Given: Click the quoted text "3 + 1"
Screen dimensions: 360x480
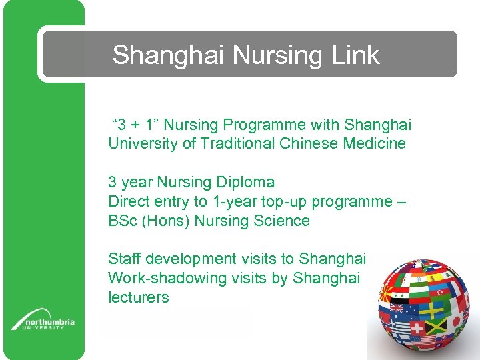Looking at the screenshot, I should click(x=134, y=125).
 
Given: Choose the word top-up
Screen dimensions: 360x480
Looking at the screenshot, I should click(x=278, y=201).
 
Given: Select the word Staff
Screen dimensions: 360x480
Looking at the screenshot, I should click(x=125, y=259).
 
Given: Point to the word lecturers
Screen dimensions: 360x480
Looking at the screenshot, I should click(x=139, y=297).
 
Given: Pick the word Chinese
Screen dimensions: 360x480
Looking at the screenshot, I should click(x=312, y=143).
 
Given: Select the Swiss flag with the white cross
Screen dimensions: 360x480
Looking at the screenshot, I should click(x=418, y=328).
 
